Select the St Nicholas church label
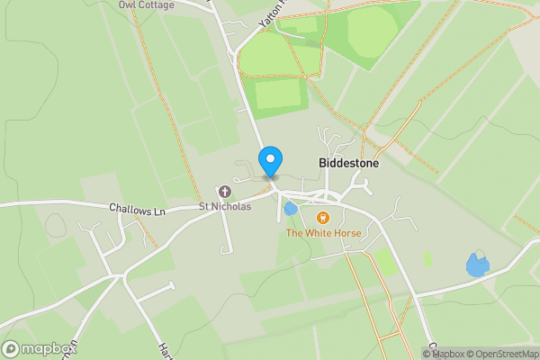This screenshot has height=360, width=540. pos(225,206)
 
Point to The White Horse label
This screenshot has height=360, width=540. pos(323,233)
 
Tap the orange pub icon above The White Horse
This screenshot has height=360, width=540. pos(323,218)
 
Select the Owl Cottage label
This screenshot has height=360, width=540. pos(146,4)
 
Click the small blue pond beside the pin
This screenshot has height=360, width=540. pos(291,209)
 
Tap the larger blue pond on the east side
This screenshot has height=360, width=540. pos(477,265)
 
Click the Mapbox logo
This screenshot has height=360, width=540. pos(39,348)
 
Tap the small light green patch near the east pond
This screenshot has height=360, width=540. pos(427,258)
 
